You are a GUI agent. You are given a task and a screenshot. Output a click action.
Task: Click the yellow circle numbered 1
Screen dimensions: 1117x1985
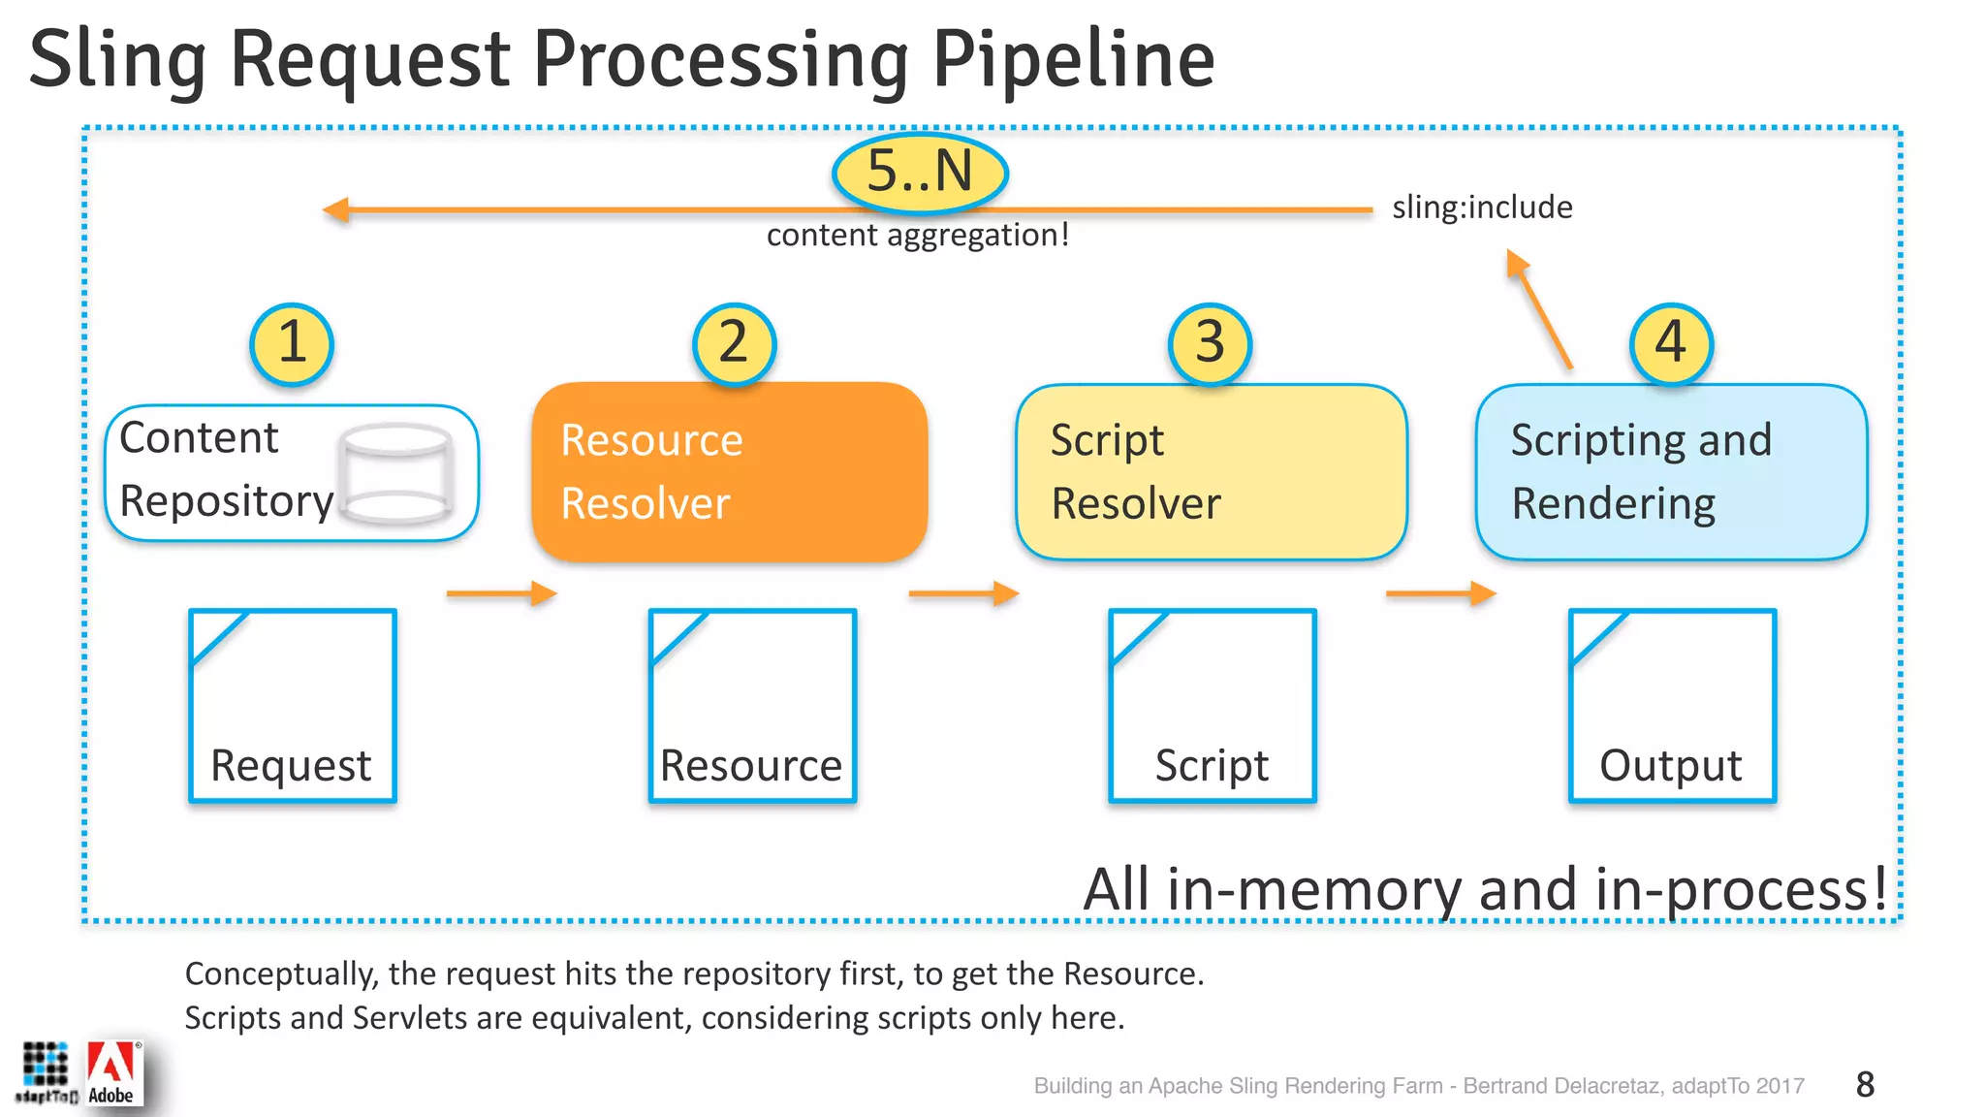point(292,344)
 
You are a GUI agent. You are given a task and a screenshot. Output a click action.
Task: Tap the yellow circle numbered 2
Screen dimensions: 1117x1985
point(735,344)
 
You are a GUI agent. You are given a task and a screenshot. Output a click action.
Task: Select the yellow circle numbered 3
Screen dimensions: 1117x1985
point(1210,344)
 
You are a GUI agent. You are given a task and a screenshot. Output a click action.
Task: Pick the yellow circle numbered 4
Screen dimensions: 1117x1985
point(1671,344)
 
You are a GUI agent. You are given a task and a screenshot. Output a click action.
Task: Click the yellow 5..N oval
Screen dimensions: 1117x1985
point(920,173)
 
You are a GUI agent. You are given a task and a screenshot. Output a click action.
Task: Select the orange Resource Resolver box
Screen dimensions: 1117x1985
point(730,472)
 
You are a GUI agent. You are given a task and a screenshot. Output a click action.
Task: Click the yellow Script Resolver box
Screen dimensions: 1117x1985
point(1211,472)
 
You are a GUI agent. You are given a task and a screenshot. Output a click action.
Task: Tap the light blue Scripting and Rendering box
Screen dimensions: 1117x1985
point(1671,472)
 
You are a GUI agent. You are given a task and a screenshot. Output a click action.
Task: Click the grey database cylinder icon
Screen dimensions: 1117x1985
point(396,474)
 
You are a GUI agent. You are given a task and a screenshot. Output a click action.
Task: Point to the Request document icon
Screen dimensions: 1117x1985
point(293,706)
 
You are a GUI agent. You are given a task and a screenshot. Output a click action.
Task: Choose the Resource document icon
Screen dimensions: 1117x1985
point(752,706)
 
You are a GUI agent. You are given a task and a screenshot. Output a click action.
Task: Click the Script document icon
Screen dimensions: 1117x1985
point(1212,706)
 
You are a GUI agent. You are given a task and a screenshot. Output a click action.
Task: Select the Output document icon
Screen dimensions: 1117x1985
point(1672,706)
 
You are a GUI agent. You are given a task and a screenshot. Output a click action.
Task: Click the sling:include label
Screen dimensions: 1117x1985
point(1482,207)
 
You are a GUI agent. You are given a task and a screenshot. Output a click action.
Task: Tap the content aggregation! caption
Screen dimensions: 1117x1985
point(917,236)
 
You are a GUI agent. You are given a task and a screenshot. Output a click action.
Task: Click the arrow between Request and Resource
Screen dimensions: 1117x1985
point(501,593)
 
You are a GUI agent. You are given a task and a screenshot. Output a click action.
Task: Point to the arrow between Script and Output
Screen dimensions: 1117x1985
point(1441,593)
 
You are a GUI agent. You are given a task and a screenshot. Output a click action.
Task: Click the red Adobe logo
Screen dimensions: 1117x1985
point(112,1072)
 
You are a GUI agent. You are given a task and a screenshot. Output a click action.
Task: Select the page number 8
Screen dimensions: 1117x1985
point(1865,1084)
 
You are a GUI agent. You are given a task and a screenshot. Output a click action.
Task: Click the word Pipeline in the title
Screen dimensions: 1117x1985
point(1073,60)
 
